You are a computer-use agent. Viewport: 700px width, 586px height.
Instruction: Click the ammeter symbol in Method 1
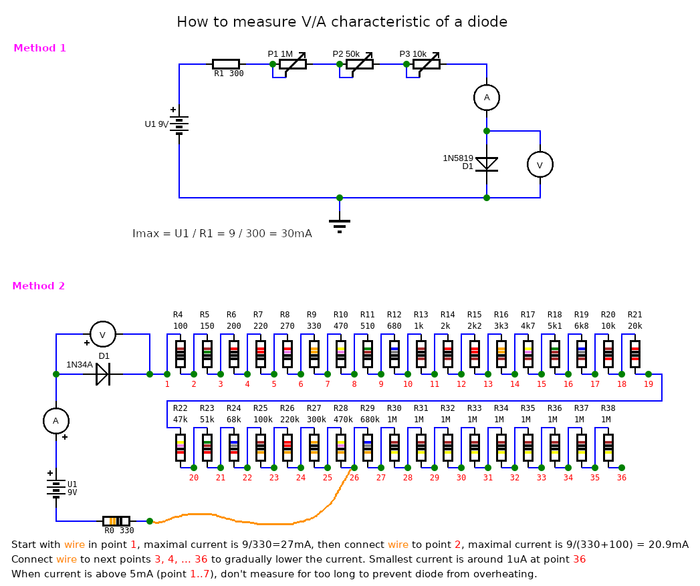coord(487,98)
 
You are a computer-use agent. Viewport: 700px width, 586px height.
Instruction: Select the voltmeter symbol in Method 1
coord(540,164)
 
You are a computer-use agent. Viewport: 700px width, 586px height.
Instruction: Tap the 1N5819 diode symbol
coord(487,164)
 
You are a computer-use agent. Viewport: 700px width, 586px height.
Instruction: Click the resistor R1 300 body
coord(226,64)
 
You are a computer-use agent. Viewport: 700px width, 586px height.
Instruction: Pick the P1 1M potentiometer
coord(293,64)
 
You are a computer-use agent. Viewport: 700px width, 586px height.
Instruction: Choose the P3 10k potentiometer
coord(427,64)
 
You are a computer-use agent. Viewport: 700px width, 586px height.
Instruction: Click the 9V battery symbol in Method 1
coord(179,124)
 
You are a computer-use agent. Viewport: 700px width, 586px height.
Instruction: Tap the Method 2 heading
coord(39,286)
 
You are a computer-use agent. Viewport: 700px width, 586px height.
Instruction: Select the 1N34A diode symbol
coord(103,374)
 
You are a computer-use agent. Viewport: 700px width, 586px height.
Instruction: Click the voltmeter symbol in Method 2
coord(103,334)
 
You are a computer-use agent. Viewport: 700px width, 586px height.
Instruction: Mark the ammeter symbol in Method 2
coord(56,421)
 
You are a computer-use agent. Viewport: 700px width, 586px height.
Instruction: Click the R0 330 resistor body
coord(116,521)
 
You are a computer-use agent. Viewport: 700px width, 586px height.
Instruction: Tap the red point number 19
coord(649,384)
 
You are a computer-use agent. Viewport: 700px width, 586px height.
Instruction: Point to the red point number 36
coord(622,478)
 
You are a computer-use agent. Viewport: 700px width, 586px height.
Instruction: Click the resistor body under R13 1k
coord(421,354)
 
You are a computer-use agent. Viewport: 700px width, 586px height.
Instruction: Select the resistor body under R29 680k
coord(368,448)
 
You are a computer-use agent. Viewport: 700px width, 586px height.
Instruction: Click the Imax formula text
coord(222,234)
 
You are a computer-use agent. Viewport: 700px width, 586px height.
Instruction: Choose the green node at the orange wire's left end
coord(150,521)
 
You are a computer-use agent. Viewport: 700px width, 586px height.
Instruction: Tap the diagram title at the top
coord(342,22)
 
